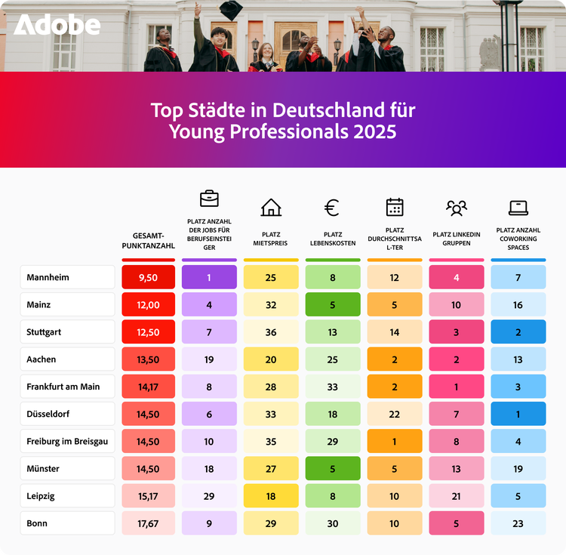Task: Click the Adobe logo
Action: (x=57, y=26)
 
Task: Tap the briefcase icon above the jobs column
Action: (x=209, y=199)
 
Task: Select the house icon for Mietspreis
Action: (x=271, y=207)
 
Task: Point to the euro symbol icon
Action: (x=332, y=207)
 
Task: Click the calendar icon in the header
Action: (x=395, y=207)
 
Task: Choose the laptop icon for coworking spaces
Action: (x=518, y=207)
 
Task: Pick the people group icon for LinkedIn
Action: (x=456, y=207)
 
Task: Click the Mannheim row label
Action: (x=67, y=277)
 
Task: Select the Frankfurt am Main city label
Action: (x=67, y=387)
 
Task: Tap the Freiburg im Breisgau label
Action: (x=67, y=441)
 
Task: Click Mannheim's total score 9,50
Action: (x=148, y=277)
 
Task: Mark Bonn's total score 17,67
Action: (x=148, y=523)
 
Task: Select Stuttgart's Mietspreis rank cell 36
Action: (x=271, y=332)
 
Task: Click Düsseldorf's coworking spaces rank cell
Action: (x=518, y=414)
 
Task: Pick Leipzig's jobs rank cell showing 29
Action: (x=209, y=496)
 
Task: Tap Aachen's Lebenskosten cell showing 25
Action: (x=332, y=359)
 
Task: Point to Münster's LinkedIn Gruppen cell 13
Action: (x=456, y=469)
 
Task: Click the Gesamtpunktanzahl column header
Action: (x=148, y=241)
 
